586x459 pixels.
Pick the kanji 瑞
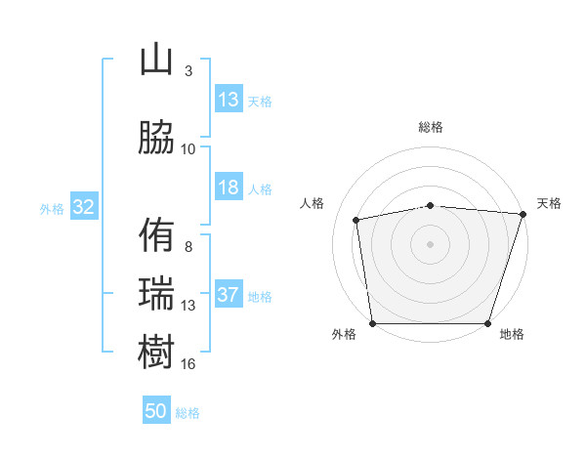click(156, 293)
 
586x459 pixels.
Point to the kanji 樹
click(156, 351)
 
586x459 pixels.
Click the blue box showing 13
click(229, 100)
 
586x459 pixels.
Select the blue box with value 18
click(229, 188)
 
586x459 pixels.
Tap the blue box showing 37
click(229, 295)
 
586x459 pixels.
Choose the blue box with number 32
click(83, 207)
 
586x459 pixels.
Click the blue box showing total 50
click(156, 411)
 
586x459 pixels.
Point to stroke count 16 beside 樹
click(188, 364)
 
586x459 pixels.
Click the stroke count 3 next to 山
click(188, 71)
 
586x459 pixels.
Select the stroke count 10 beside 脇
click(188, 148)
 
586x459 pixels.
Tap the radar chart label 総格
click(431, 128)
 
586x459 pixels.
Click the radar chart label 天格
click(549, 203)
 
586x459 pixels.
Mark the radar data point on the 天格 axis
click(523, 214)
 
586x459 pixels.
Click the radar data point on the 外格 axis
click(372, 323)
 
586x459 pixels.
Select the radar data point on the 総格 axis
click(431, 205)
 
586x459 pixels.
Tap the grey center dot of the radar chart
click(431, 243)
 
